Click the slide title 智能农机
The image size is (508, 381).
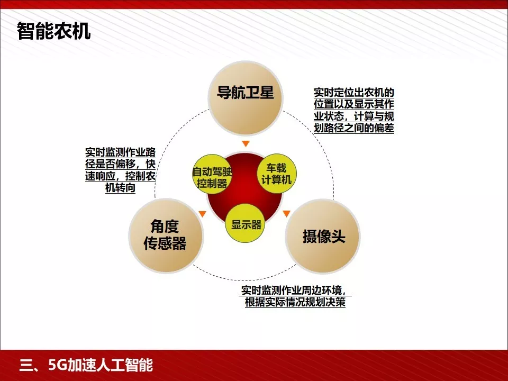point(53,31)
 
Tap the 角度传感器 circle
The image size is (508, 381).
point(166,235)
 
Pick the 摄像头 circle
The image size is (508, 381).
point(323,236)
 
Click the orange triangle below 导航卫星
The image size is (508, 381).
point(245,144)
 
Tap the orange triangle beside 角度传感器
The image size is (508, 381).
point(202,214)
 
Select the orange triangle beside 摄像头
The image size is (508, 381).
point(286,214)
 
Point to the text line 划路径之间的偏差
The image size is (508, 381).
point(354,128)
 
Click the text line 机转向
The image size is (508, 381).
point(121,188)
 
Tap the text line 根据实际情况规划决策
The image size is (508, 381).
point(295,303)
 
